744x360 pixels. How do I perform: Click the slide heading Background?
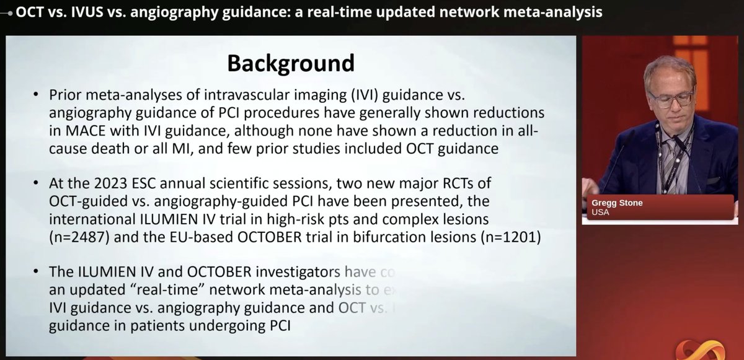pos(291,63)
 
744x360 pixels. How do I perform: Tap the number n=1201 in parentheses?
pos(508,237)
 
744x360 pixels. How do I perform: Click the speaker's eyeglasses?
pos(670,97)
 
